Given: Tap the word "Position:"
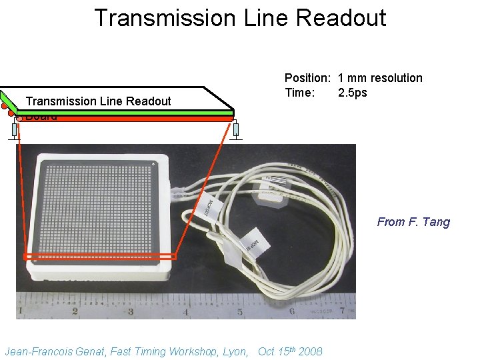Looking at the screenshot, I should coord(309,78).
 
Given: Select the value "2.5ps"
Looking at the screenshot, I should coord(353,93).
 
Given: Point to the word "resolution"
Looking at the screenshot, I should coord(397,78).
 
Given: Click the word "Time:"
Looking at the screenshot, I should coord(300,93).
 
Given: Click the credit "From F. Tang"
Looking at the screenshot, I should coord(413,222).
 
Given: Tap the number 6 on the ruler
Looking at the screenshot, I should coord(292,311).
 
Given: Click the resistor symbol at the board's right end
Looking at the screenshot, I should coord(235,130).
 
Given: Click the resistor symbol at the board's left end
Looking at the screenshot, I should coord(14,130).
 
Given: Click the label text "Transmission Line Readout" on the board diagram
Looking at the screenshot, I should coord(98,101).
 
